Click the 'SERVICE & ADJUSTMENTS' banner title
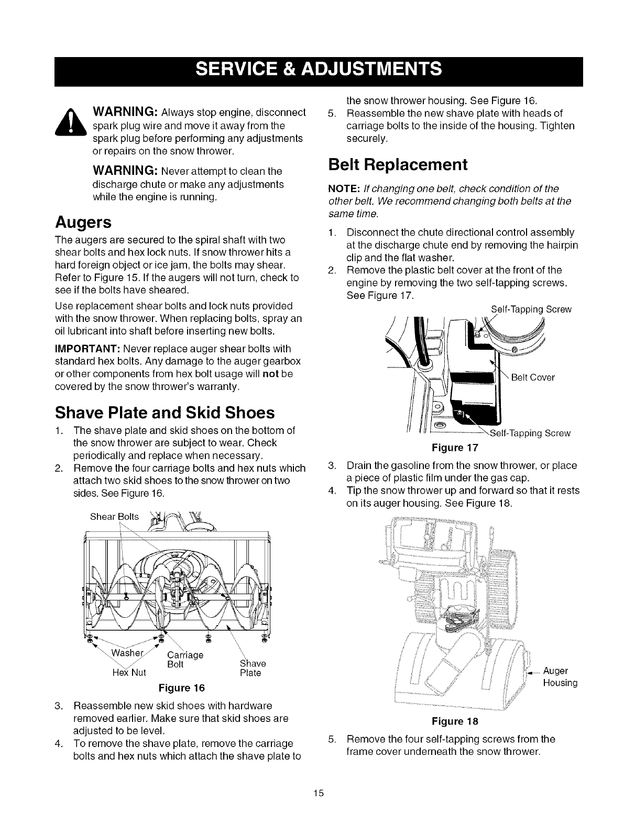coord(317,70)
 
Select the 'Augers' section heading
coord(83,222)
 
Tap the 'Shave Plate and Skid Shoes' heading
coord(165,413)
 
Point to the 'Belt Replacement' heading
coord(397,164)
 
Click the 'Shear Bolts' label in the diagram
coord(115,517)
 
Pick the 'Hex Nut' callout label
coord(129,672)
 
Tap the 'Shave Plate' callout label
coord(250,668)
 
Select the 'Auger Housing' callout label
coord(560,677)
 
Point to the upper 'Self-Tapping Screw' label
coord(531,309)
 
